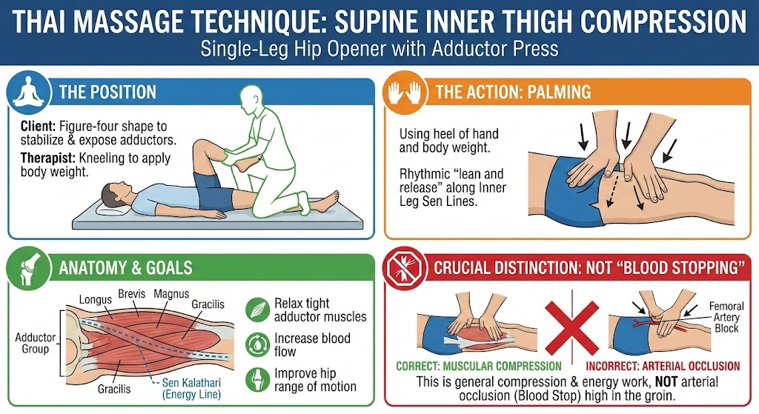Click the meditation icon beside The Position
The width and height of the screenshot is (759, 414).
[29, 92]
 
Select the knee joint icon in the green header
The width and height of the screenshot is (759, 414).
[29, 268]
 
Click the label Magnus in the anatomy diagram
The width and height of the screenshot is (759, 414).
[171, 293]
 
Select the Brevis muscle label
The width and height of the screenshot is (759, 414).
[132, 293]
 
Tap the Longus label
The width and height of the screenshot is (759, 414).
[96, 300]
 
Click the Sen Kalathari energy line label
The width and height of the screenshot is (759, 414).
[191, 388]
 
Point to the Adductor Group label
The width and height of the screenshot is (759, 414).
[36, 343]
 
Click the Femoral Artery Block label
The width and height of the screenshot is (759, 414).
[726, 317]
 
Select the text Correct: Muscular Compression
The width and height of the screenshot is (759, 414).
[479, 366]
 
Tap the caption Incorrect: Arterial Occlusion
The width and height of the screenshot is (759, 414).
[663, 366]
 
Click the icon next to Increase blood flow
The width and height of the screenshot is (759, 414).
[257, 344]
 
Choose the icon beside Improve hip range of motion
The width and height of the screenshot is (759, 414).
[257, 380]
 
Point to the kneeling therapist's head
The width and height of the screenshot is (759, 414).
[253, 99]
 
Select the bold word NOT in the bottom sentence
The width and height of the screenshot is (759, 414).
[666, 382]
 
